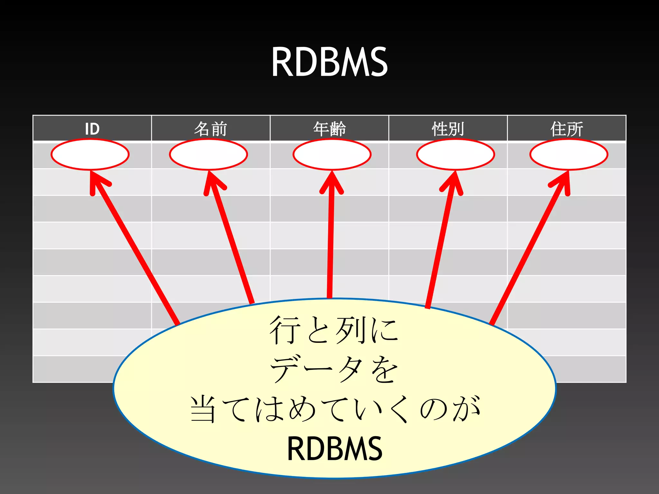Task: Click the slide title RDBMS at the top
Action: (329, 62)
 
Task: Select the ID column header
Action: (92, 129)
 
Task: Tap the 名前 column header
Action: (211, 129)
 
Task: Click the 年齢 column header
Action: (329, 129)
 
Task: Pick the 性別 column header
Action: (448, 129)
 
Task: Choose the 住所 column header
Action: (567, 129)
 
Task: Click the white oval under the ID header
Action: (90, 155)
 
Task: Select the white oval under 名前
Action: (209, 155)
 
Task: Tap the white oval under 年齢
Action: (332, 155)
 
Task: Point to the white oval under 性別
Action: (456, 155)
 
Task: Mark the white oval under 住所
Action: (569, 155)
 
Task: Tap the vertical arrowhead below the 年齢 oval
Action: (332, 182)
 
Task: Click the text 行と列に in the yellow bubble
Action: (334, 330)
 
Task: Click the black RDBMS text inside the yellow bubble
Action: (335, 448)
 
